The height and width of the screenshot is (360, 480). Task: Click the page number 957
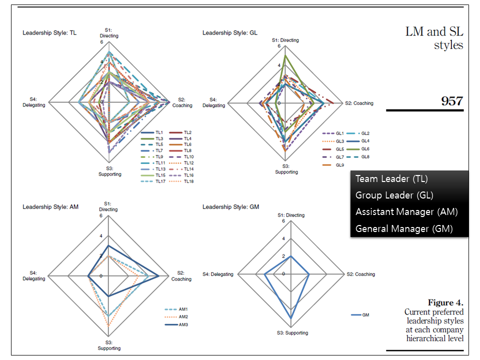[451, 100]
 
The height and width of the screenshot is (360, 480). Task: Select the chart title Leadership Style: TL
[49, 33]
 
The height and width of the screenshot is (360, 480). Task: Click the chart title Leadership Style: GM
[231, 206]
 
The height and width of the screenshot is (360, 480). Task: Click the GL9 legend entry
[339, 165]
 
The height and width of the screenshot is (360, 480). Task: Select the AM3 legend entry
[183, 325]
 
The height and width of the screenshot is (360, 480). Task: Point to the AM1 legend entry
[183, 309]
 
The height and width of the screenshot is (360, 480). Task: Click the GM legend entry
[365, 315]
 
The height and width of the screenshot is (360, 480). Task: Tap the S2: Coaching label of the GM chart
[360, 274]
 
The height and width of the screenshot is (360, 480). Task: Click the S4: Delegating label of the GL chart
[213, 102]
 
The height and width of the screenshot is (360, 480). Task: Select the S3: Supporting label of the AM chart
[109, 345]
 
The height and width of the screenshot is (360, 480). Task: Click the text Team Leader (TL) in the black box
[391, 179]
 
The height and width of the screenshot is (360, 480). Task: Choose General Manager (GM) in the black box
[404, 228]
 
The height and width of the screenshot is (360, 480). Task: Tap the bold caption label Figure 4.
[445, 303]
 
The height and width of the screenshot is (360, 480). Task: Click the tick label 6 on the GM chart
[283, 221]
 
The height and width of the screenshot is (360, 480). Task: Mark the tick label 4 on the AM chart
[100, 236]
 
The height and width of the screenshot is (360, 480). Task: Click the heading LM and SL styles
[434, 38]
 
